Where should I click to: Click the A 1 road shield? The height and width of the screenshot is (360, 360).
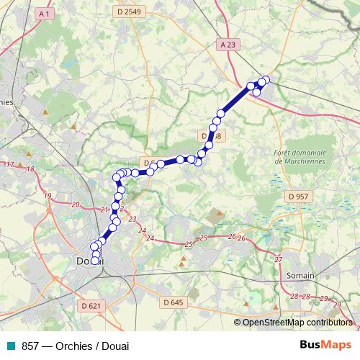pyautogui.click(x=45, y=14)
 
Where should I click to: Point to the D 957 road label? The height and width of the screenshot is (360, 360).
pyautogui.click(x=297, y=196)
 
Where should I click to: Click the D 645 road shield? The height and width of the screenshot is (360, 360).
pyautogui.click(x=173, y=302)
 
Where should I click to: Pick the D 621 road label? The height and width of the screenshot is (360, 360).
pyautogui.click(x=91, y=306)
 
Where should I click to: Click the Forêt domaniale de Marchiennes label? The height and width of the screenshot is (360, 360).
pyautogui.click(x=300, y=157)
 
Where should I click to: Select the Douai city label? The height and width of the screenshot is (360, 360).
pyautogui.click(x=90, y=262)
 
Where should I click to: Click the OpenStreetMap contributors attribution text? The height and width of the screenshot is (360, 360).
pyautogui.click(x=297, y=323)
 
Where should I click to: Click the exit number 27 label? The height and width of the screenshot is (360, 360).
pyautogui.click(x=279, y=258)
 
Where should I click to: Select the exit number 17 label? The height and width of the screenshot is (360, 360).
pyautogui.click(x=10, y=165)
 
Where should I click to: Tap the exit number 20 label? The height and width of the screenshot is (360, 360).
pyautogui.click(x=76, y=205)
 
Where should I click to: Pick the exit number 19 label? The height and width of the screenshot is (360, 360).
pyautogui.click(x=48, y=196)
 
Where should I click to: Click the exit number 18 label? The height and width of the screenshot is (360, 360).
pyautogui.click(x=30, y=169)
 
